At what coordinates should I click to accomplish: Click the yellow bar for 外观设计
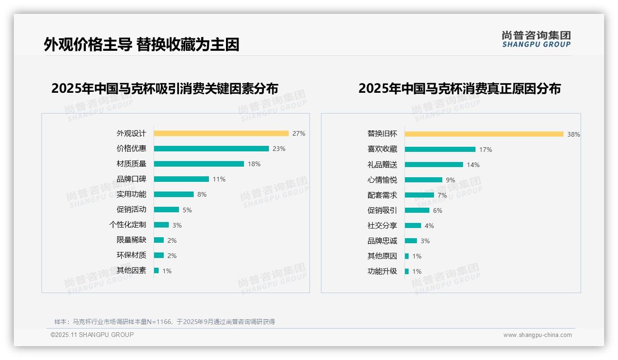pos(221,133)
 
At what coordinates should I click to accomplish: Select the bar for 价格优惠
pos(211,149)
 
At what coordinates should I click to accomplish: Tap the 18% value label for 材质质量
pos(254,164)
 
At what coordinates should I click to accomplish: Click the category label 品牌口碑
pos(131,179)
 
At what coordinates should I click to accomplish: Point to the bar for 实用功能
pos(173,194)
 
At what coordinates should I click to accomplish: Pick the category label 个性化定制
pos(127,225)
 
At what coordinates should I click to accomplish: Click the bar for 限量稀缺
pos(159,240)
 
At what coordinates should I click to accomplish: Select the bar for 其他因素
pos(156,270)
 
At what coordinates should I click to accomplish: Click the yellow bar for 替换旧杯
pos(484,134)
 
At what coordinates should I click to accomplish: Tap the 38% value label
pos(573,134)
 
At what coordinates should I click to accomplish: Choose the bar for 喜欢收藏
pos(440,150)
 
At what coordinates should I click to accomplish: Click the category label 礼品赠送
pos(382,165)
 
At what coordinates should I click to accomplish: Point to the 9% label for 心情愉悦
pos(450,180)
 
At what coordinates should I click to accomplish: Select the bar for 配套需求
pos(419,195)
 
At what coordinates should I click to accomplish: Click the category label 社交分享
pos(382,226)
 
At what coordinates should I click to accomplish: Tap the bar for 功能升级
pos(407,271)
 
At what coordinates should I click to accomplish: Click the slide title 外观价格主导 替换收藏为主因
pos(142,44)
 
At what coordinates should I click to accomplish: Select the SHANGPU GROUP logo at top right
pos(536,39)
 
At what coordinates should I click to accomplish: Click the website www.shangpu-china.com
pos(537,335)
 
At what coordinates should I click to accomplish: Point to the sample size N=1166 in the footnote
pos(159,322)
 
